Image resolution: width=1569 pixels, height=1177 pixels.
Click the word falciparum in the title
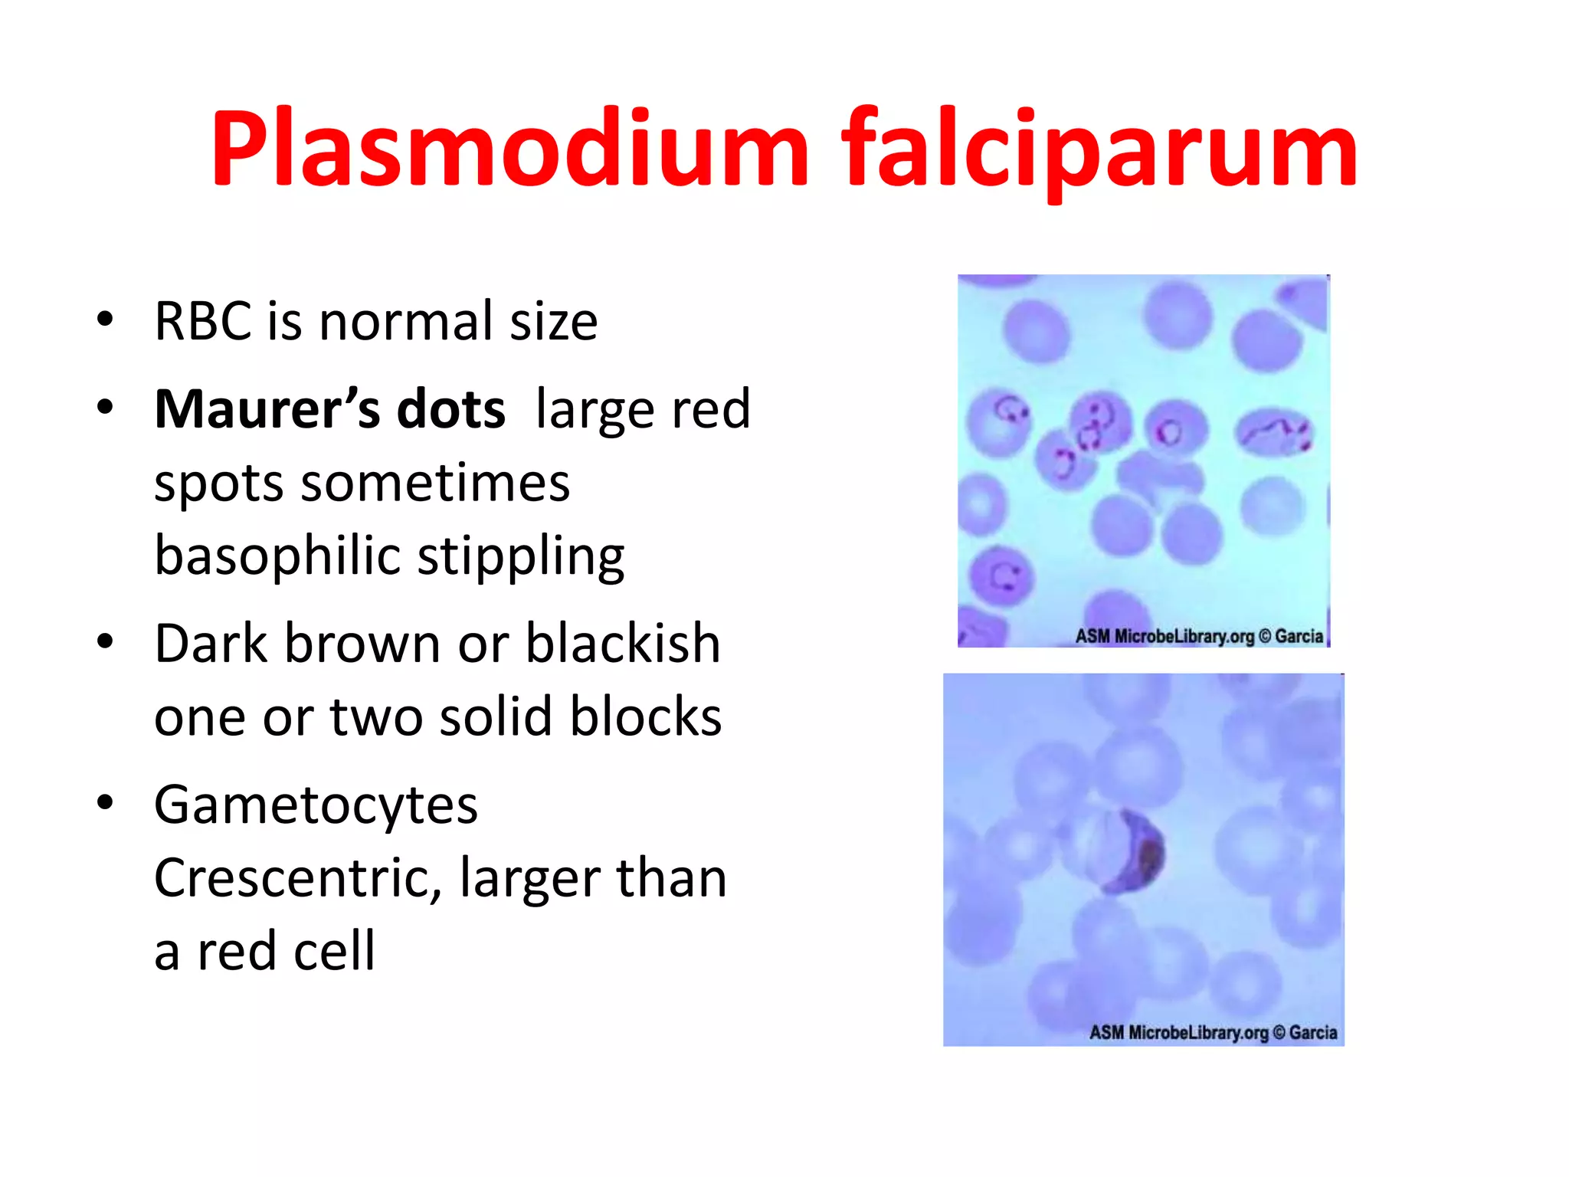pyautogui.click(x=1099, y=149)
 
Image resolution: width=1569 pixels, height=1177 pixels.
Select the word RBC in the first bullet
pyautogui.click(x=203, y=321)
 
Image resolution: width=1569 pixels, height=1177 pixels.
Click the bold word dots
pyautogui.click(x=451, y=409)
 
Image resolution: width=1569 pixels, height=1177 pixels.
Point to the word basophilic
pyautogui.click(x=277, y=556)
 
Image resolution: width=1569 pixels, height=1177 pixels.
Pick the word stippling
pyautogui.click(x=521, y=556)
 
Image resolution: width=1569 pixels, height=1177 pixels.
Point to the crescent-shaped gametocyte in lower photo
pyautogui.click(x=1138, y=851)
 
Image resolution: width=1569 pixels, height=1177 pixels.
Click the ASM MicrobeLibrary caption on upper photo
pyautogui.click(x=1199, y=636)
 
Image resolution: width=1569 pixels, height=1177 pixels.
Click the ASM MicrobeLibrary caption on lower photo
pyautogui.click(x=1214, y=1033)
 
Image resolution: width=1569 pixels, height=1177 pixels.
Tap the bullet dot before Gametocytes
pyautogui.click(x=105, y=802)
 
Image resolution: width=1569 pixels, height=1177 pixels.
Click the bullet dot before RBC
pyautogui.click(x=105, y=319)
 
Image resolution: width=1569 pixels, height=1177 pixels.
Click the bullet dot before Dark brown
pyautogui.click(x=105, y=641)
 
